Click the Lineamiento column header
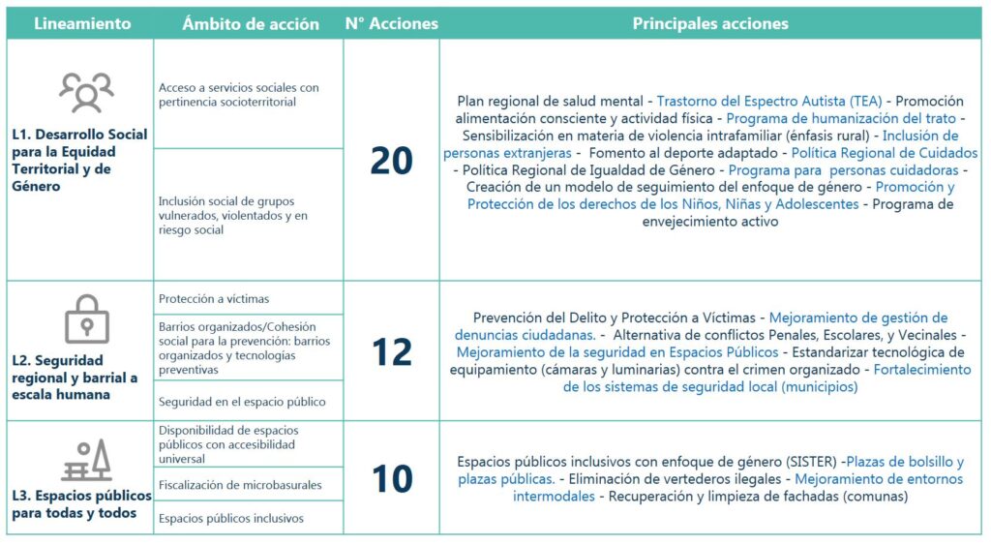click(x=82, y=23)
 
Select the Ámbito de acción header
click(x=250, y=23)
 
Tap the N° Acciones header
click(x=391, y=23)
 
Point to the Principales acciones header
click(x=710, y=23)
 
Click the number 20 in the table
click(x=391, y=161)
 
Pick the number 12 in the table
click(x=391, y=352)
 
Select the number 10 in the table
click(x=391, y=478)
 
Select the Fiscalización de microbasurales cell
click(x=239, y=484)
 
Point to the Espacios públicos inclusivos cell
click(x=231, y=518)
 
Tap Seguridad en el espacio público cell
click(x=242, y=401)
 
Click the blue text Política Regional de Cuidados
click(x=885, y=153)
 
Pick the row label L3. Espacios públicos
click(x=81, y=503)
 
